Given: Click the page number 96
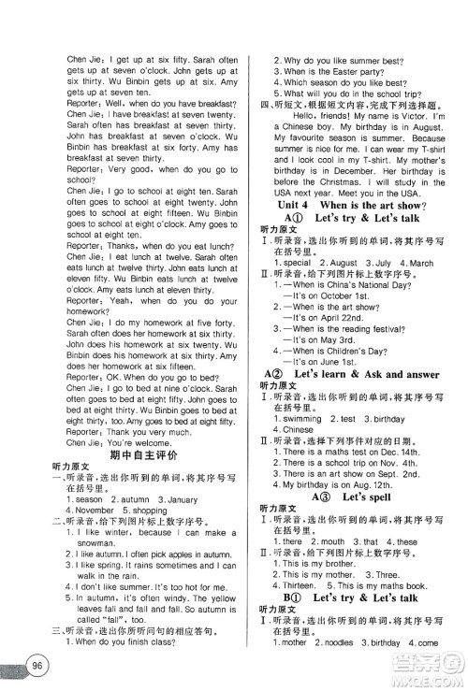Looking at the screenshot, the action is (x=37, y=666).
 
